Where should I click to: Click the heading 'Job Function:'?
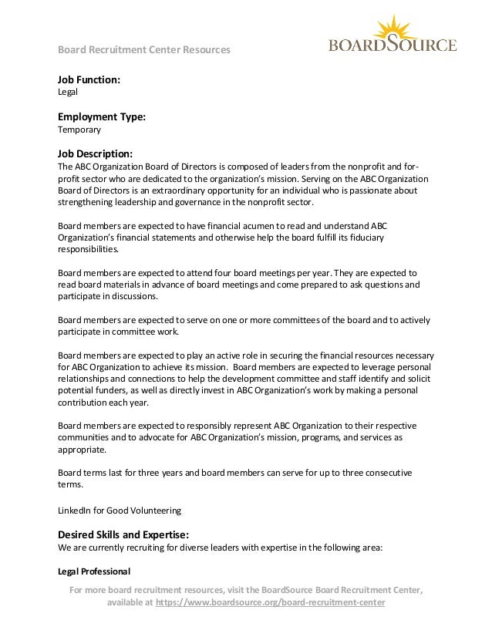pos(89,79)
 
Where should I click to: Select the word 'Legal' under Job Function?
pos(69,92)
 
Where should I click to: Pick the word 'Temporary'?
pos(79,130)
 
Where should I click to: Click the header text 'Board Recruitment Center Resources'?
pos(145,50)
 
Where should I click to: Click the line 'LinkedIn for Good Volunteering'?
pos(120,510)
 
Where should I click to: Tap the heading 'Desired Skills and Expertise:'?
pos(123,534)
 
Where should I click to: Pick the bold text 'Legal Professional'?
pos(95,571)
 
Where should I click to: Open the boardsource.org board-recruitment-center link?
pos(270,603)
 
